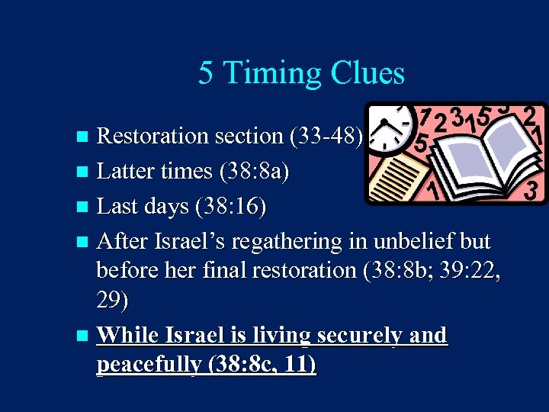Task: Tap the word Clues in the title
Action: (x=368, y=73)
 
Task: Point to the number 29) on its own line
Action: (x=113, y=301)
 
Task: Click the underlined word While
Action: (x=127, y=335)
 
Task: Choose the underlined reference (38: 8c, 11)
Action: (x=261, y=365)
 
